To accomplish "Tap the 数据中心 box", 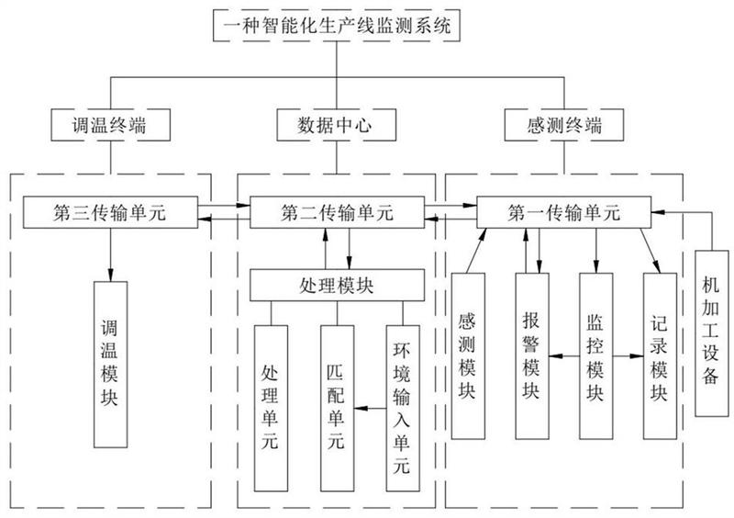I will (x=335, y=123).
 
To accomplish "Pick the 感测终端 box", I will (x=560, y=123).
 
